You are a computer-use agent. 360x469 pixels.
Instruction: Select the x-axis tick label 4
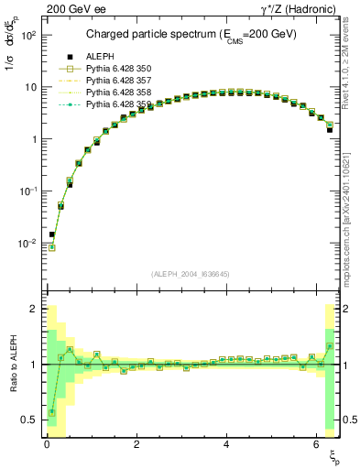[225, 443]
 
